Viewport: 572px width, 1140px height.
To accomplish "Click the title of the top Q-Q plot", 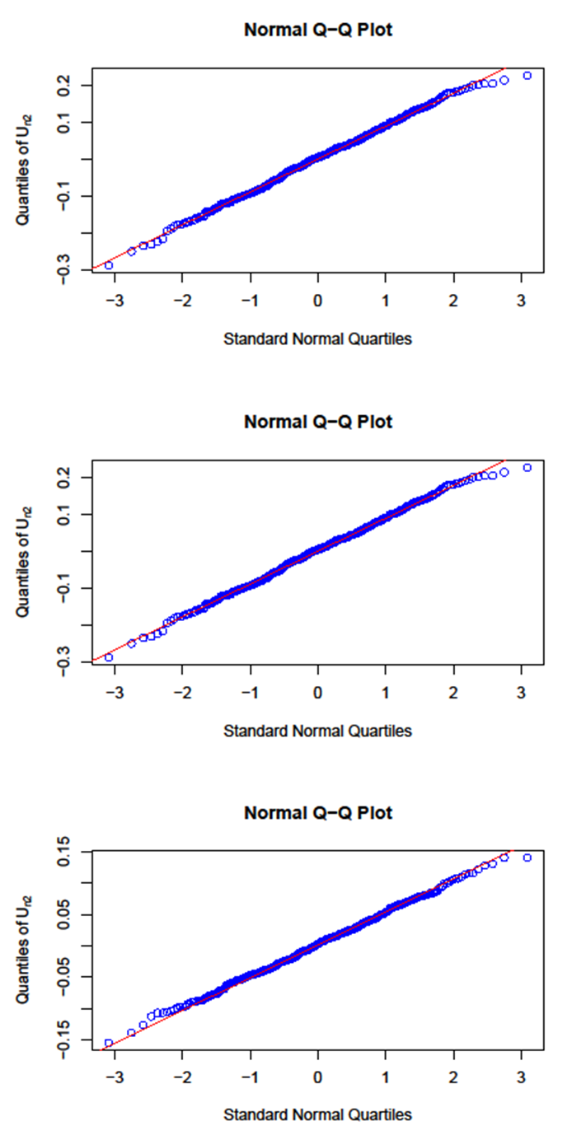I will [x=318, y=30].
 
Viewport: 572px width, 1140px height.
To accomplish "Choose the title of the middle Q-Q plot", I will [x=318, y=423].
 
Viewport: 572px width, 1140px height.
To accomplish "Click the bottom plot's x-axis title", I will [x=318, y=1114].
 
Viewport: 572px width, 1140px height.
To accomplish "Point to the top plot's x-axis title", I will [x=318, y=339].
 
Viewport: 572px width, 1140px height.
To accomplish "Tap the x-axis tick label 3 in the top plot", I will [x=521, y=298].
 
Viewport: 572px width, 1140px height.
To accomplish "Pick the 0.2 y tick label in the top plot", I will [x=72, y=85].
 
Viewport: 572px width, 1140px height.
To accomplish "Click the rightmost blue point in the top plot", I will [x=527, y=76].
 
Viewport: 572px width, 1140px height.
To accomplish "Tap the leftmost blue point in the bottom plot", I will [x=109, y=1043].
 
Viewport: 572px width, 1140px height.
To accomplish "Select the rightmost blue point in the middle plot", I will [x=527, y=468].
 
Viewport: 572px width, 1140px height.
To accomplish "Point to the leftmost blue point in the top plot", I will [x=109, y=265].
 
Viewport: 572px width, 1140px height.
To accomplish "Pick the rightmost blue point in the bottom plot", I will [x=527, y=857].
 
